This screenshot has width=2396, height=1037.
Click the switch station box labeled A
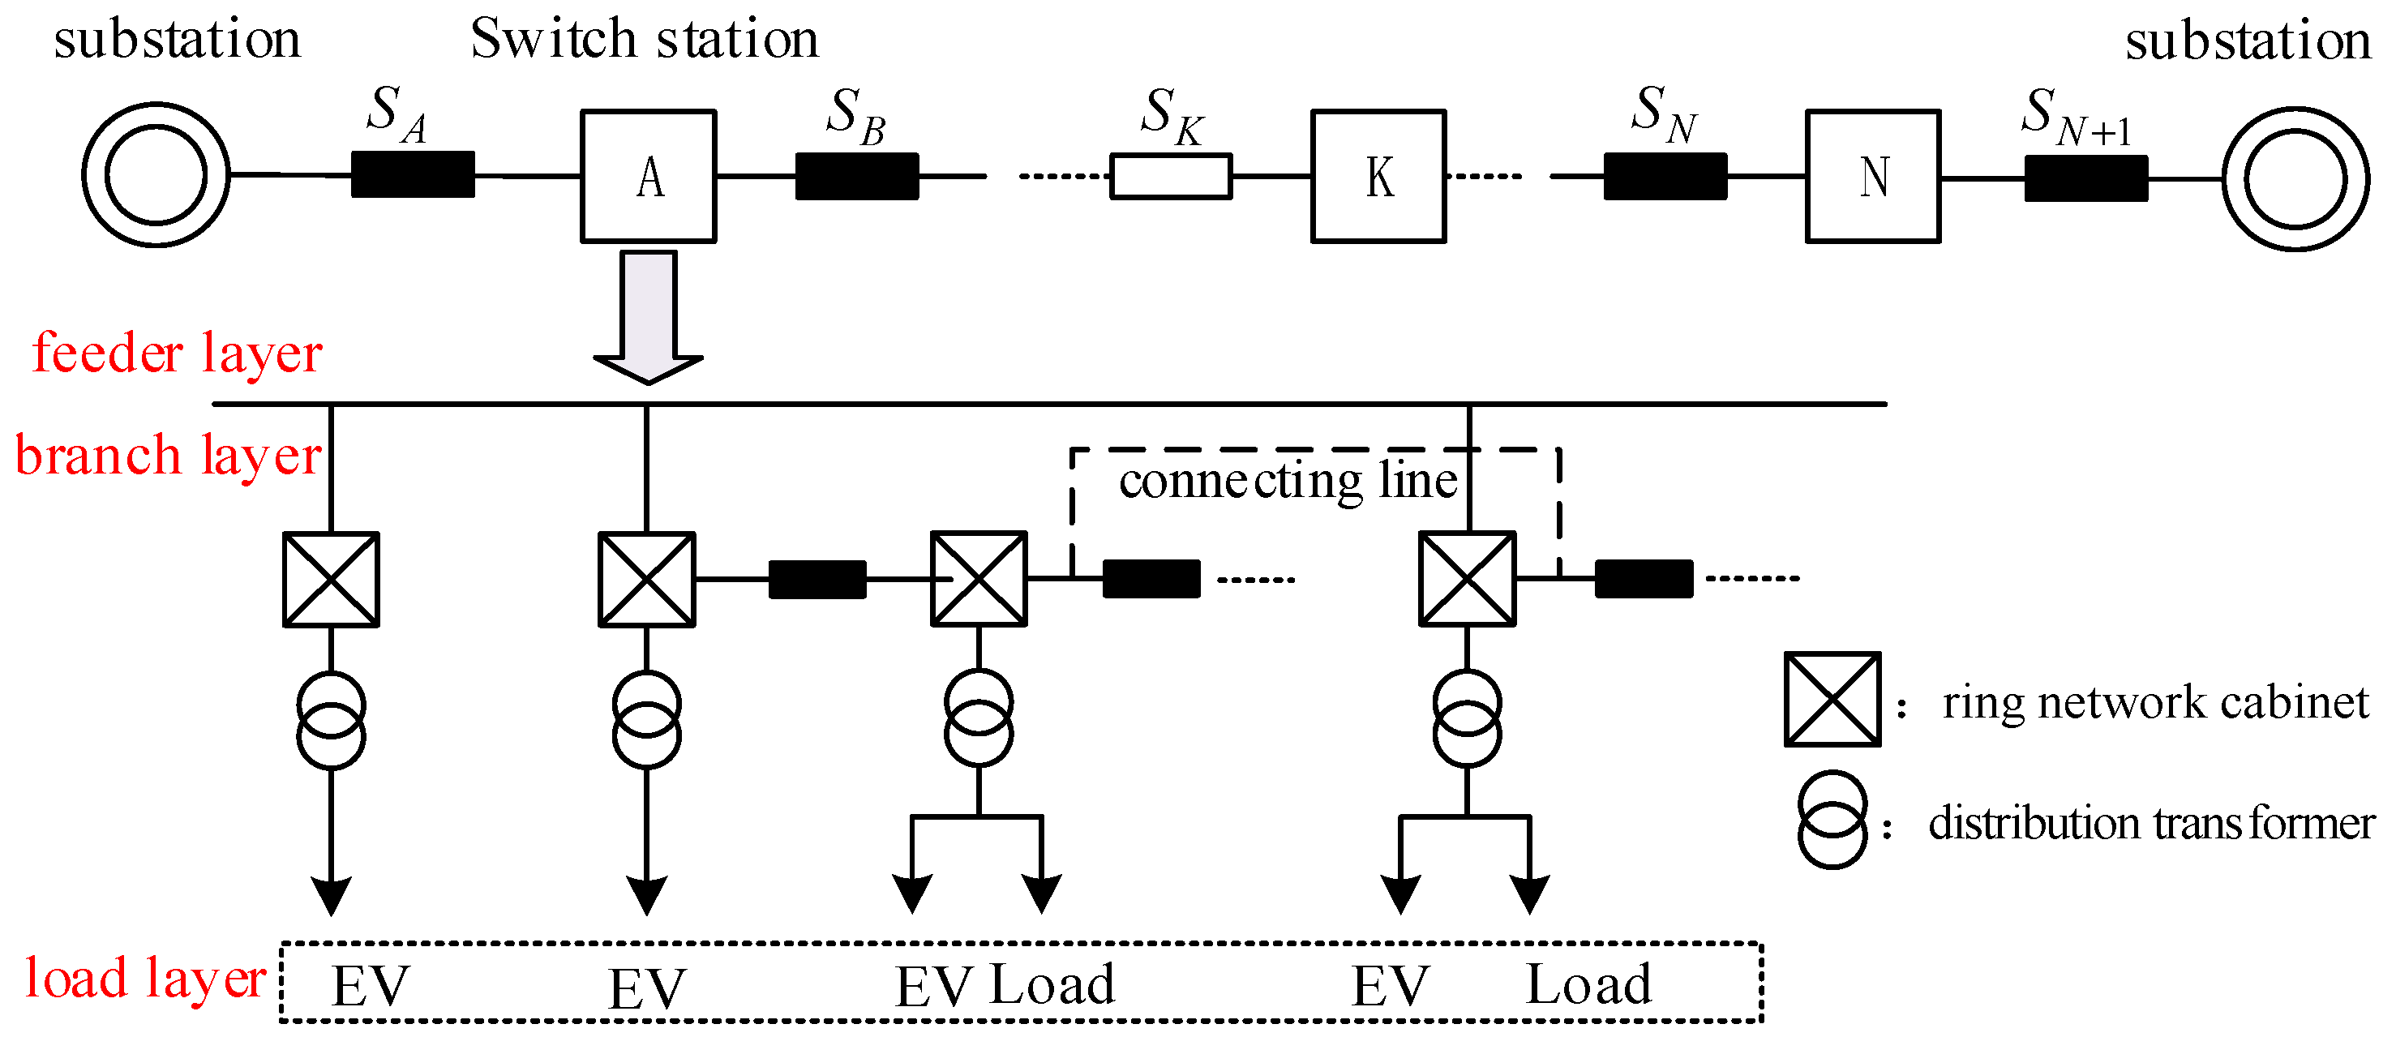649,177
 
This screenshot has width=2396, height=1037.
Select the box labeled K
1378,177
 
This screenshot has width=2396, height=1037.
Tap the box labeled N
1873,177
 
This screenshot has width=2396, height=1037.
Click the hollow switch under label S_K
1171,177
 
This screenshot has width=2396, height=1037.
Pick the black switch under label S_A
413,175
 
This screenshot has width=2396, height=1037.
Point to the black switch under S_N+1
2086,178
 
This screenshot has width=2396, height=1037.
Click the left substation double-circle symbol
156,175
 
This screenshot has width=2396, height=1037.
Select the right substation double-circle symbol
2295,178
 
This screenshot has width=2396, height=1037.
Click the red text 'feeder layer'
177,354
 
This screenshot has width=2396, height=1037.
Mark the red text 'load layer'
145,979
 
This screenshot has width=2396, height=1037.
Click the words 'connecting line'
1288,482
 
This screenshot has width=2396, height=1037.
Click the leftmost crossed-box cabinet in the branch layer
331,580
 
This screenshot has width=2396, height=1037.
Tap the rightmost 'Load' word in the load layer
1588,985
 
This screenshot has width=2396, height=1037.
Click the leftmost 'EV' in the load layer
371,987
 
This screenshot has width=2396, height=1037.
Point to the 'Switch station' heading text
644,40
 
